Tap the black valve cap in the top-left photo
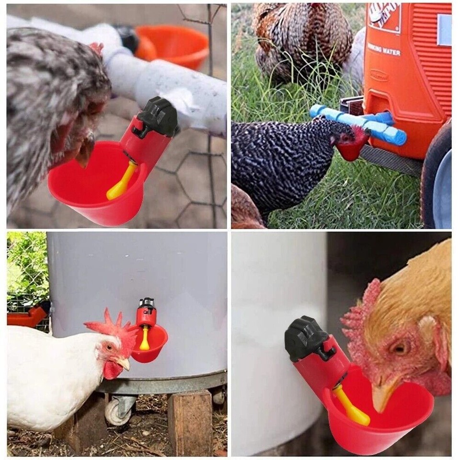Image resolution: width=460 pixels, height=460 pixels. (x=159, y=116)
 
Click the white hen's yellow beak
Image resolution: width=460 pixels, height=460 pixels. (x=124, y=364)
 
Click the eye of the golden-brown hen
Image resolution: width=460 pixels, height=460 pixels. (x=399, y=347)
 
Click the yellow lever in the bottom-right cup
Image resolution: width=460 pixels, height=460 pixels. (x=352, y=407)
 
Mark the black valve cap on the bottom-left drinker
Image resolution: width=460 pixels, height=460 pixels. (x=147, y=303)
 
